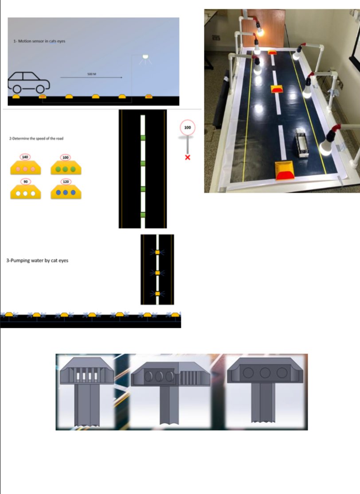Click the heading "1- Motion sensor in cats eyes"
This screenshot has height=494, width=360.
pyautogui.click(x=39, y=41)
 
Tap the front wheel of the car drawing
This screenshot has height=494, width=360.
pyautogui.click(x=40, y=89)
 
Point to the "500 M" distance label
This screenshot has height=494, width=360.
pyautogui.click(x=92, y=74)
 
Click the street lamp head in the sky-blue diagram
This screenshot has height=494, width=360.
pyautogui.click(x=145, y=57)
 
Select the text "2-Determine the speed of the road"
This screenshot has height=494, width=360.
pyautogui.click(x=36, y=138)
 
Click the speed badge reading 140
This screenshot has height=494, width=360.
pyautogui.click(x=25, y=157)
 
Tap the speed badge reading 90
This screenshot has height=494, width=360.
pyautogui.click(x=26, y=182)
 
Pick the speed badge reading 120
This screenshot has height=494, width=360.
pyautogui.click(x=66, y=182)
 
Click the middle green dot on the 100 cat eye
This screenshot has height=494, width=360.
pyautogui.click(x=65, y=169)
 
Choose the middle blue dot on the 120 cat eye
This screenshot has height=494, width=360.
pyautogui.click(x=65, y=192)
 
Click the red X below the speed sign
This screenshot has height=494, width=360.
pyautogui.click(x=188, y=157)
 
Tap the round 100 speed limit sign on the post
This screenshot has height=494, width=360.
pyautogui.click(x=188, y=128)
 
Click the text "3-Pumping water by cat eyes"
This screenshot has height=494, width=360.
pyautogui.click(x=37, y=261)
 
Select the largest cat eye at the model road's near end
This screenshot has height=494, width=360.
pyautogui.click(x=284, y=171)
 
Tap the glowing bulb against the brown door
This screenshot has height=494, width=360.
pyautogui.click(x=260, y=31)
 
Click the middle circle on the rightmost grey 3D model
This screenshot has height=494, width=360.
pyautogui.click(x=265, y=373)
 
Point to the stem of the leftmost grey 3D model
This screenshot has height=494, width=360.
pyautogui.click(x=87, y=405)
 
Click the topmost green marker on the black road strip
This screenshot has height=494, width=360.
pyautogui.click(x=143, y=138)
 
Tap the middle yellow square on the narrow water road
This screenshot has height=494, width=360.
pyautogui.click(x=158, y=273)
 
